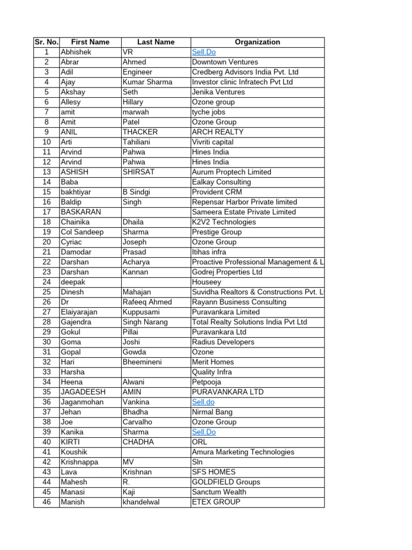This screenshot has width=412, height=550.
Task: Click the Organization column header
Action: pos(257,42)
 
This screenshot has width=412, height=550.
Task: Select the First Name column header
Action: pos(90,42)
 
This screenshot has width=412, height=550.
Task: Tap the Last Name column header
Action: pos(156,42)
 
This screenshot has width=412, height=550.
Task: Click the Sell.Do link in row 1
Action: pos(204,52)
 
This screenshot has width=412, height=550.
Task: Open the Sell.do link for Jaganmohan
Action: pos(203,402)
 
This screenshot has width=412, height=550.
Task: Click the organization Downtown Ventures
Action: pos(225,62)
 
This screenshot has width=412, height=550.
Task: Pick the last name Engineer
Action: pos(137,72)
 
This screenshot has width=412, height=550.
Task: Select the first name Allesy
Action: pos(71,102)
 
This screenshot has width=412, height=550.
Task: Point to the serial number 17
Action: pos(47,212)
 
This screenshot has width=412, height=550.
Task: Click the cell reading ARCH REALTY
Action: pos(218,132)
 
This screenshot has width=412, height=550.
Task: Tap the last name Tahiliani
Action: pos(139,142)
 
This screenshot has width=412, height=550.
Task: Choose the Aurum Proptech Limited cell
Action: pos(232,172)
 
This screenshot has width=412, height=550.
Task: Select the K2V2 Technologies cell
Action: pos(224,222)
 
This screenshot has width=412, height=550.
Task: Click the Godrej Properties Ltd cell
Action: pos(227,272)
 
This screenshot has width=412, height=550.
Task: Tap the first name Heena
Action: pos(72,382)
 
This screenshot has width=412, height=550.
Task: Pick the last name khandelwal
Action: pos(141,502)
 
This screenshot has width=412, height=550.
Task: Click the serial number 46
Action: pos(47,502)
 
